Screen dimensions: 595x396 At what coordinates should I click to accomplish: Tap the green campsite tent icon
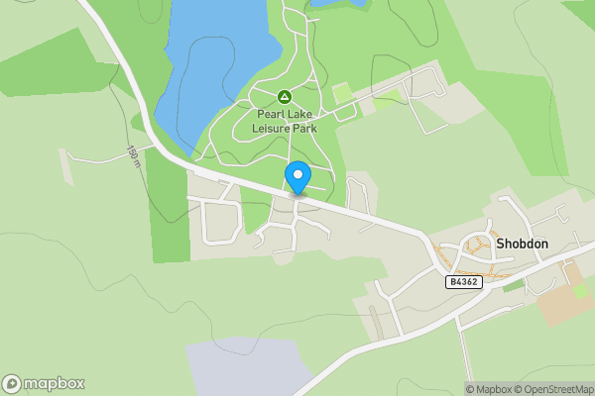pyautogui.click(x=285, y=97)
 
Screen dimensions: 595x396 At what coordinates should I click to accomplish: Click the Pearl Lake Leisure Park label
pyautogui.click(x=285, y=120)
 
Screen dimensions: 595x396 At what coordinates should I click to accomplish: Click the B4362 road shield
pyautogui.click(x=464, y=282)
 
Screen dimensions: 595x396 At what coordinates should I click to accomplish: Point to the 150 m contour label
pyautogui.click(x=132, y=155)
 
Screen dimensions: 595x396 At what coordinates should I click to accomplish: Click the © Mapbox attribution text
pyautogui.click(x=490, y=389)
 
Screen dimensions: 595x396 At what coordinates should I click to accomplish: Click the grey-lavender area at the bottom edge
pyautogui.click(x=238, y=366)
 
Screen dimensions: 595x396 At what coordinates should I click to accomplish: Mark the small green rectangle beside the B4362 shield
pyautogui.click(x=512, y=286)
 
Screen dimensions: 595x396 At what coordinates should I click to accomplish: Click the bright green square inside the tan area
pyautogui.click(x=580, y=291)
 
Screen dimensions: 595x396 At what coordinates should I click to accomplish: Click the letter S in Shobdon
pyautogui.click(x=501, y=244)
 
